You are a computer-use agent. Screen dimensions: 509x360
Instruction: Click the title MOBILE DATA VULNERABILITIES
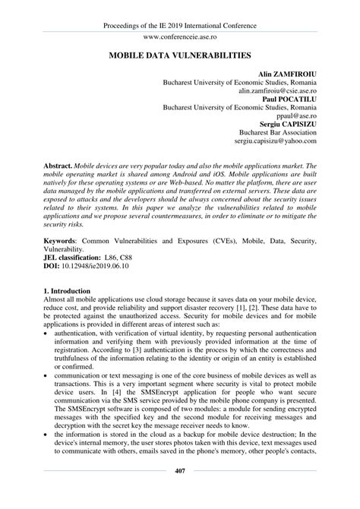point(179,56)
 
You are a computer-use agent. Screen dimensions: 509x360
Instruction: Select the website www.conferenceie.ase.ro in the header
point(179,36)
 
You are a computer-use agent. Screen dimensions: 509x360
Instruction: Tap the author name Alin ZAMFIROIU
point(287,74)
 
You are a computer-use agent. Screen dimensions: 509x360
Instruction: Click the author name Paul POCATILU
point(289,99)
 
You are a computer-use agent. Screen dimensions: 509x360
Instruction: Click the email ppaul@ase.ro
point(296,115)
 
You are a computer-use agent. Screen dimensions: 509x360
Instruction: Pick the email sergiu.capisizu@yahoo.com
point(276,141)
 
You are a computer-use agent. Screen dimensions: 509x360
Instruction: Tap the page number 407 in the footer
point(179,492)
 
